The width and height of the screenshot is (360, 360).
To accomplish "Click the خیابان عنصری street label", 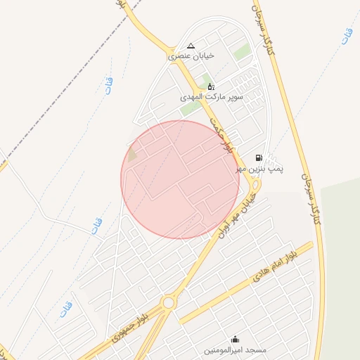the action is (x=191, y=55).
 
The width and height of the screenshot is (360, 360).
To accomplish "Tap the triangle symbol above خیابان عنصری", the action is (x=191, y=46).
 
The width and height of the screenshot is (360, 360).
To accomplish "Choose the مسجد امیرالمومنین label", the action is (x=235, y=349).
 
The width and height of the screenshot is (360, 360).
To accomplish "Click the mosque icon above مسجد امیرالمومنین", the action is (x=235, y=339).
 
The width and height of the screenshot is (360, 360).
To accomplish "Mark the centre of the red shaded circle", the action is (x=180, y=179).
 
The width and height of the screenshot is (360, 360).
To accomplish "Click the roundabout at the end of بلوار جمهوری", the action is (x=168, y=303).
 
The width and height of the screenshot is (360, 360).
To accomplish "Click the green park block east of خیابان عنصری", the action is (x=242, y=52).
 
